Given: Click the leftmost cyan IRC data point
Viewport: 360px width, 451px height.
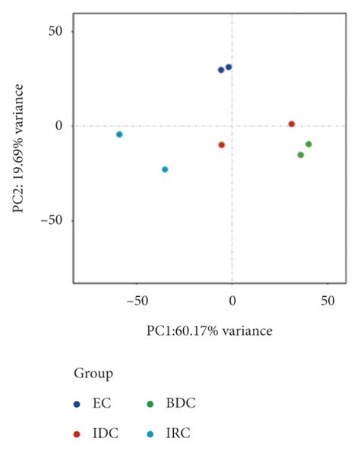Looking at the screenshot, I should pos(119,134).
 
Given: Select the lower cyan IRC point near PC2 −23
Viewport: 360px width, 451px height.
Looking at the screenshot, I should pos(165,169).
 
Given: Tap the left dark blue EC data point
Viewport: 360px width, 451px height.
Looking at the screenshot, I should pos(221,70).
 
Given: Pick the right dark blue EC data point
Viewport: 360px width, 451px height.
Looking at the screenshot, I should pos(229,67).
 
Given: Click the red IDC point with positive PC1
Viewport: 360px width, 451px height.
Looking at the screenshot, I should pos(292,124).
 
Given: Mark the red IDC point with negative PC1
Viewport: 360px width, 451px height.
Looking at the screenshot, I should pos(222,145).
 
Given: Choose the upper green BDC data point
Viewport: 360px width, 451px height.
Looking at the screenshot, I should pos(308,144).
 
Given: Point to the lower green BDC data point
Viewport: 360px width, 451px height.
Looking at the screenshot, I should pos(301,155).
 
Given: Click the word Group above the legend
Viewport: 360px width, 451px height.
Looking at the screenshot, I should pos(93,374).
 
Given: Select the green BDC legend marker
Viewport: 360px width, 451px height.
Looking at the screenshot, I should pos(150,403).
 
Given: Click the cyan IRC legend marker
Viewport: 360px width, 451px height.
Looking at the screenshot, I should pos(150,434).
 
